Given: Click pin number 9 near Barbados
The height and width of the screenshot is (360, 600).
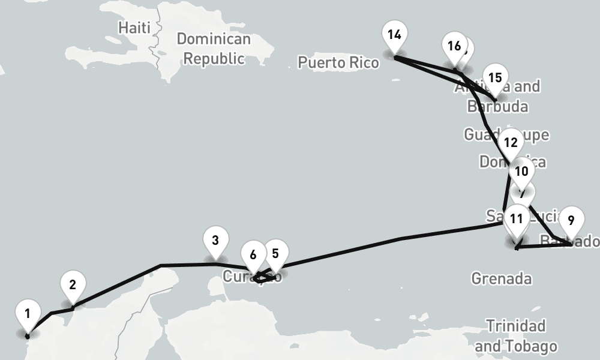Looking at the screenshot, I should pyautogui.click(x=570, y=220).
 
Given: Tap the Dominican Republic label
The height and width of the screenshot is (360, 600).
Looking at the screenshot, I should pyautogui.click(x=214, y=49).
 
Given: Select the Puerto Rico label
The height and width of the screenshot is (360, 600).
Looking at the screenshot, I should pyautogui.click(x=338, y=62).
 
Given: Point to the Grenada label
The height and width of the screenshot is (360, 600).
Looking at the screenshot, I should pyautogui.click(x=501, y=278).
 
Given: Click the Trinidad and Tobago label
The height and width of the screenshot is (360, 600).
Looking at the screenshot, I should pyautogui.click(x=515, y=336).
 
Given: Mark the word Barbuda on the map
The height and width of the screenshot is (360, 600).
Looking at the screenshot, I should pyautogui.click(x=497, y=107).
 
